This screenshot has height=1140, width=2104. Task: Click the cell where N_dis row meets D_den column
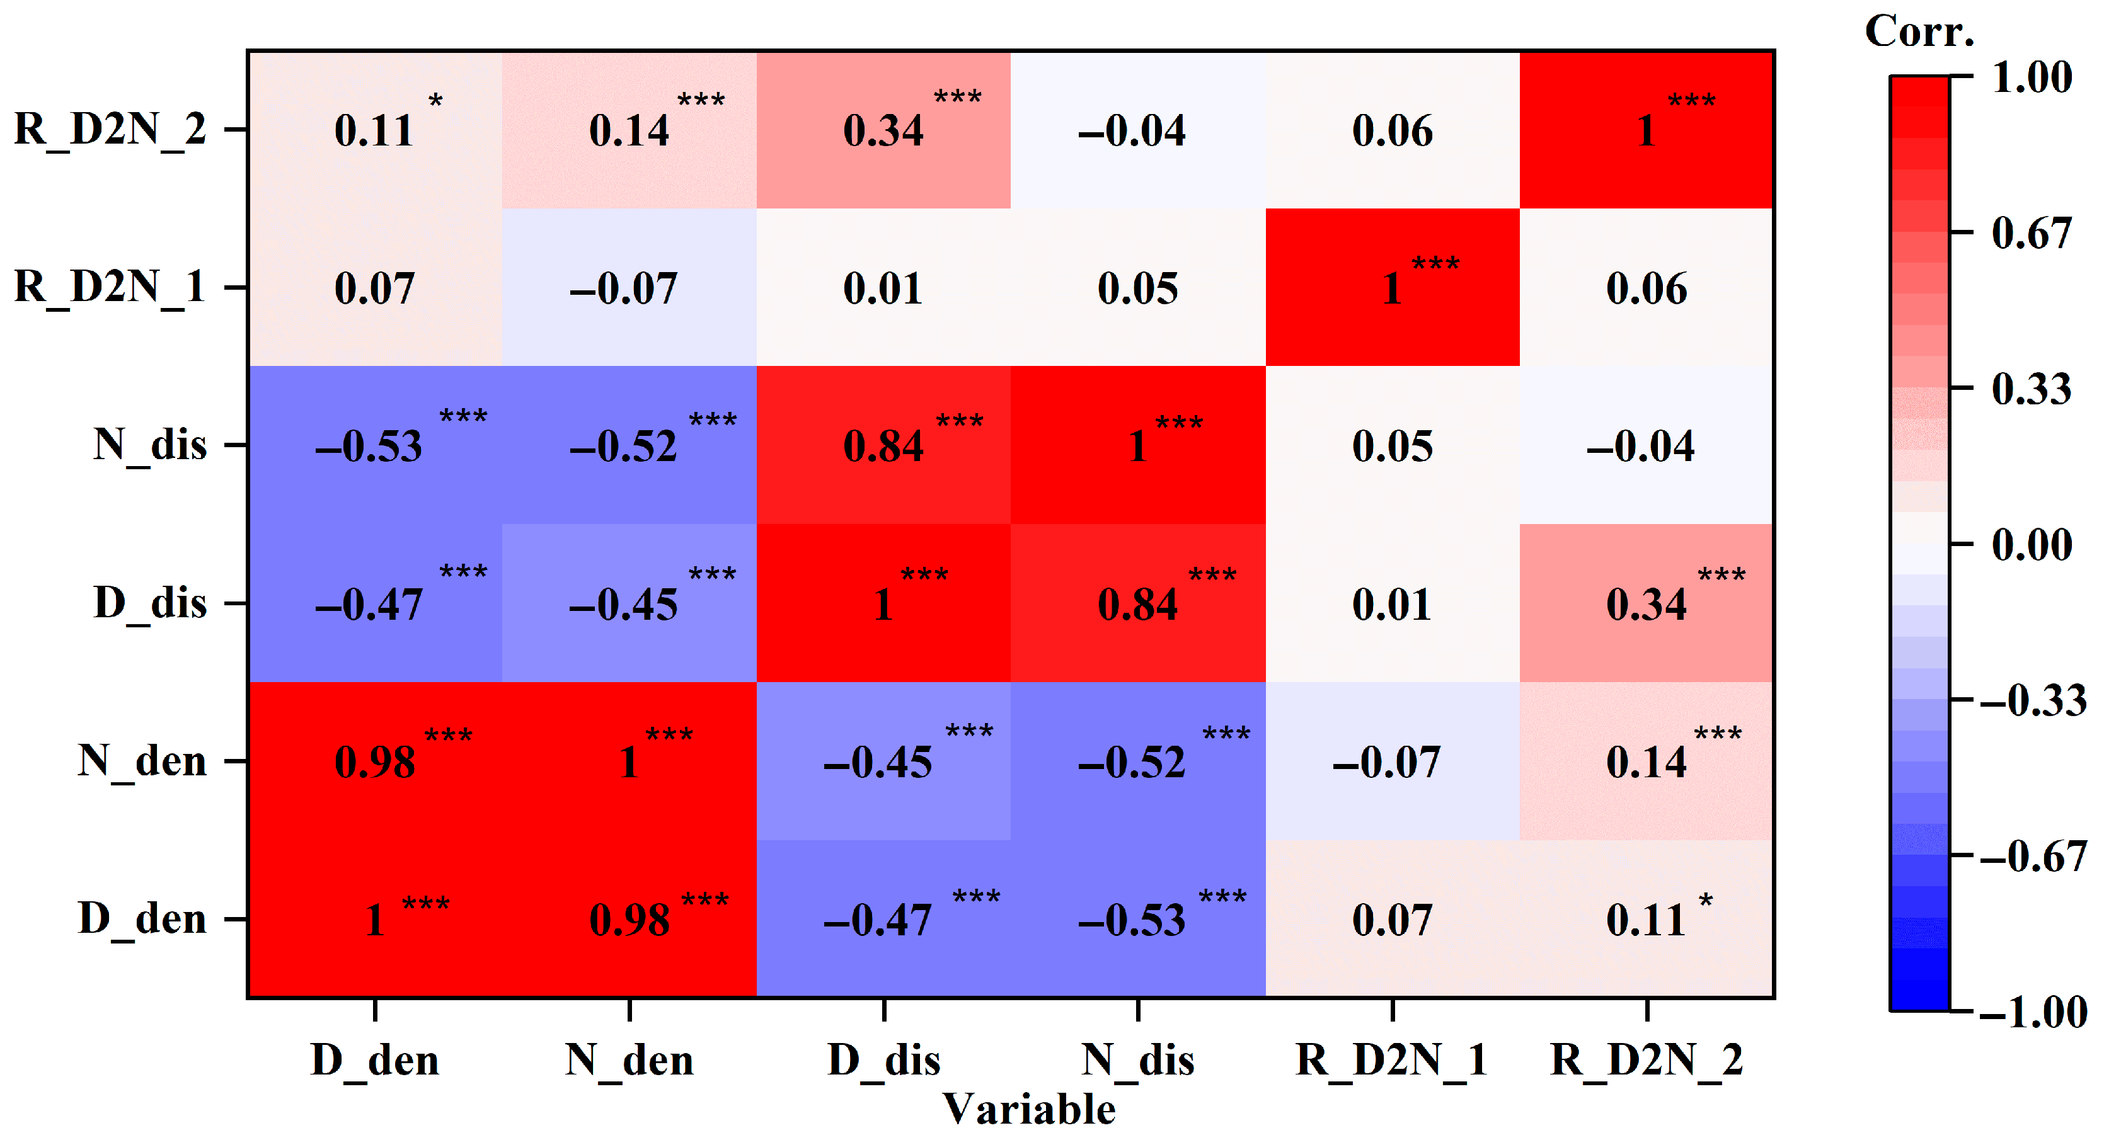[x=375, y=445]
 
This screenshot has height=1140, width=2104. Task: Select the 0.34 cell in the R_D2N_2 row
[x=883, y=130]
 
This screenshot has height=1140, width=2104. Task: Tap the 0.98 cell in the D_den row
[x=629, y=919]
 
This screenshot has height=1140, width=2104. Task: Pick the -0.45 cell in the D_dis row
[x=629, y=603]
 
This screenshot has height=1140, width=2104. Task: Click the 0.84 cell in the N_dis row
[x=883, y=445]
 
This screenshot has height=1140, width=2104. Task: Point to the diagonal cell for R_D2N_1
[x=1393, y=287]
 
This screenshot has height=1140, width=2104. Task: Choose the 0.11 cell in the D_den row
[x=1647, y=919]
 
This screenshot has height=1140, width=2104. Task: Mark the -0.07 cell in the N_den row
[x=1393, y=761]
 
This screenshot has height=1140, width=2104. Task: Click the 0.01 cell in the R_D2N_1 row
[x=883, y=287]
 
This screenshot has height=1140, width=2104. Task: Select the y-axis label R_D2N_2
[x=110, y=130]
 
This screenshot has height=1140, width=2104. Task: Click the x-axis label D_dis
[x=883, y=1061]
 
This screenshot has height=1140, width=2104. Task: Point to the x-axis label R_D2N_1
[x=1393, y=1061]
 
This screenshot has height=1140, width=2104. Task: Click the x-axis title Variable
[x=1029, y=1110]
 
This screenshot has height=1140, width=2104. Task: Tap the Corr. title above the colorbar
[x=1919, y=33]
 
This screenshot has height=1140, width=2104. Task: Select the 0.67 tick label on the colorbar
[x=2032, y=234]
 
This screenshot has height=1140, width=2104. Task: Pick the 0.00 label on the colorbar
[x=2032, y=545]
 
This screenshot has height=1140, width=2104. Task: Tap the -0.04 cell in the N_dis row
[x=1647, y=445]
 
